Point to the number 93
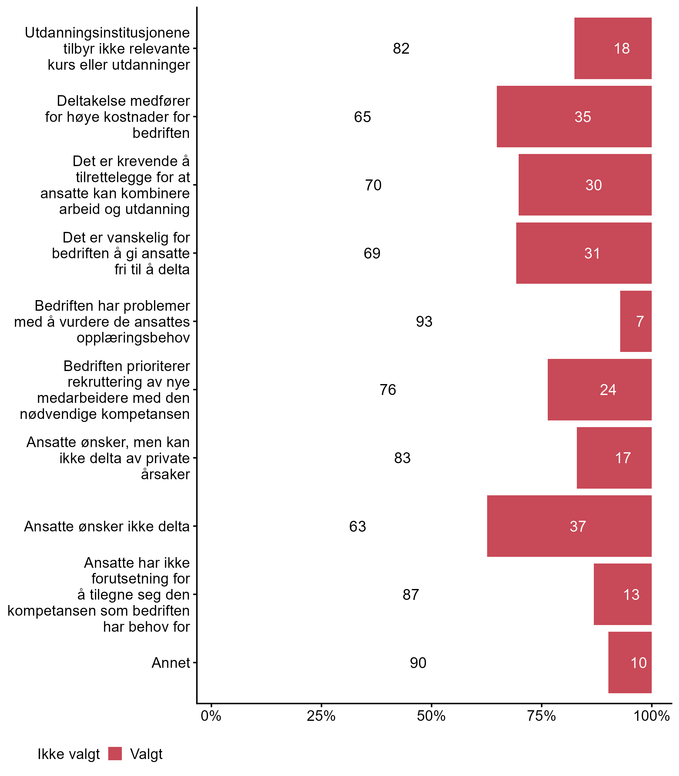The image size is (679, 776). (x=424, y=322)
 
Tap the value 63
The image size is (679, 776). (x=357, y=526)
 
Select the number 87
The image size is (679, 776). (x=411, y=594)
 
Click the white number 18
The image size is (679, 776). (x=622, y=48)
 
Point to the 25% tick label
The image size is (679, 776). (x=321, y=716)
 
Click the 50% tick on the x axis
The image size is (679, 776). (x=431, y=716)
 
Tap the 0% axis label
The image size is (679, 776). (x=211, y=716)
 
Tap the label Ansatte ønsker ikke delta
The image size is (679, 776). (x=107, y=526)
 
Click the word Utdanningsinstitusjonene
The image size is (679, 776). (x=107, y=33)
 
